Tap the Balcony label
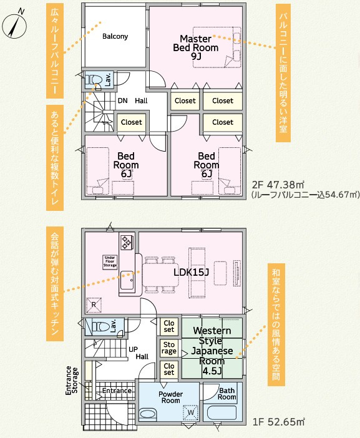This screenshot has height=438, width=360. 115,36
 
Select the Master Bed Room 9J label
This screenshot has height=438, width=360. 195,47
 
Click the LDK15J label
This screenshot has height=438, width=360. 191,272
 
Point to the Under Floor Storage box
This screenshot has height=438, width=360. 110,261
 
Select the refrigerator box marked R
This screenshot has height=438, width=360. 94,304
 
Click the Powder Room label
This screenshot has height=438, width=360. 171,397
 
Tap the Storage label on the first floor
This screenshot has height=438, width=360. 169,348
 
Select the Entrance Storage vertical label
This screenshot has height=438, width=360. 72,381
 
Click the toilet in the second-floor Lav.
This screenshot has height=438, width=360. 94,80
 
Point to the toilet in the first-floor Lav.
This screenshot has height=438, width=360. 100,326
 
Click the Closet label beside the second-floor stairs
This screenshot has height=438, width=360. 131,122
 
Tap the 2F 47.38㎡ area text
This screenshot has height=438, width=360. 278,185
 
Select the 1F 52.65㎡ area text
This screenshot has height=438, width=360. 279,422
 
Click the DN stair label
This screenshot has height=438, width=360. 123,100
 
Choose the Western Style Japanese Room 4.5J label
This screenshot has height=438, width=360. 212,351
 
